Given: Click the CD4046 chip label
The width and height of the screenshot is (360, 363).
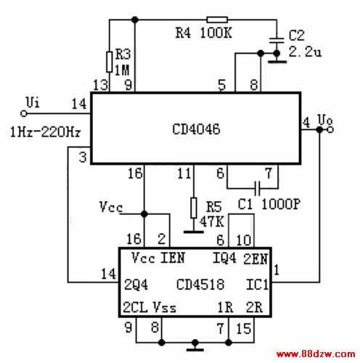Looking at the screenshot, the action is [x=196, y=129].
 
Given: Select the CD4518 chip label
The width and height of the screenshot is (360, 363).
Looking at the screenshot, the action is [x=200, y=284].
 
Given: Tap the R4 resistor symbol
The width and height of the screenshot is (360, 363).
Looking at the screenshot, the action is [x=217, y=20].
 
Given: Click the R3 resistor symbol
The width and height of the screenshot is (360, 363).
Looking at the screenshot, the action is [x=110, y=62].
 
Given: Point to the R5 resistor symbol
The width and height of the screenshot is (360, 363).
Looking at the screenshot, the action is [x=194, y=208].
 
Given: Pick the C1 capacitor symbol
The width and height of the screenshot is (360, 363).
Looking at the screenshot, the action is [x=258, y=188].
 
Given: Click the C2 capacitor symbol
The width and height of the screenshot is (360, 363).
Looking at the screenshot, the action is [x=277, y=41].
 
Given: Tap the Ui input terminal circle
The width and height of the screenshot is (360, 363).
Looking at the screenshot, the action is [x=24, y=113].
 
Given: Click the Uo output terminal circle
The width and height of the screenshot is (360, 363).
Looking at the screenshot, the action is [x=330, y=130].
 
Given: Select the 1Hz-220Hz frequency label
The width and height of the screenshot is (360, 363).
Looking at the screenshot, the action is [x=46, y=132].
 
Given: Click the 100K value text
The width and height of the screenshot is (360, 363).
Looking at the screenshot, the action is [x=216, y=33].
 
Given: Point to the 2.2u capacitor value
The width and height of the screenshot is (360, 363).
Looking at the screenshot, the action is [x=305, y=52].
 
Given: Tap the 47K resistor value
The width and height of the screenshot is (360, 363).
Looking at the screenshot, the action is [x=211, y=221].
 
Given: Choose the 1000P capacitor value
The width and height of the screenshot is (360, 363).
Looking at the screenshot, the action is [x=281, y=204].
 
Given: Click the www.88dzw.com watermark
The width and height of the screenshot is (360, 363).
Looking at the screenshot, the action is [x=316, y=354].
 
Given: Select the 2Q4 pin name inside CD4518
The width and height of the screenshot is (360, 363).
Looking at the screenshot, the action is [x=136, y=285].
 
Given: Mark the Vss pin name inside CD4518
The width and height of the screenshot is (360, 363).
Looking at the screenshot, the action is [x=165, y=307].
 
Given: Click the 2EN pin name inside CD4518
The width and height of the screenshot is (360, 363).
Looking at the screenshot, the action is [x=255, y=258].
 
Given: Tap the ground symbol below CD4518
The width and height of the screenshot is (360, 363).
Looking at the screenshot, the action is [x=195, y=346].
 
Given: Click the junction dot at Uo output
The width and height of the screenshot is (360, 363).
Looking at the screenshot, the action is [x=319, y=130].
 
